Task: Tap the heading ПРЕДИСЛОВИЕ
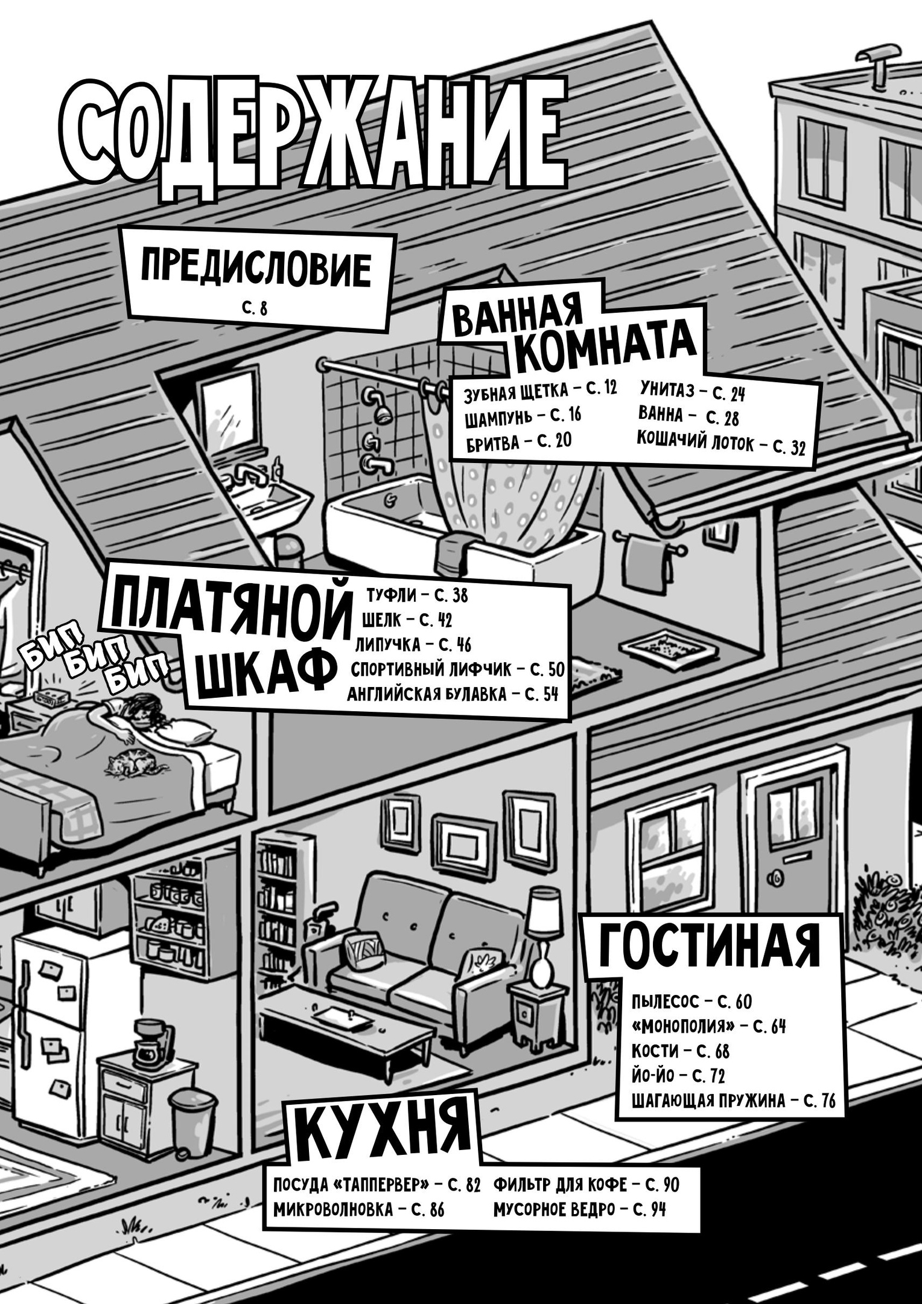(255, 269)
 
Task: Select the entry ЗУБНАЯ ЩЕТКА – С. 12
(540, 391)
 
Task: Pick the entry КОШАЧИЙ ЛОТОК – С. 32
(720, 445)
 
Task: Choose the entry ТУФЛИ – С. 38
(417, 595)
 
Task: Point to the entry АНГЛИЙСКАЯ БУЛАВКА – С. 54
(453, 694)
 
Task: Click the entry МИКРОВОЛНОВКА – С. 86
(358, 1209)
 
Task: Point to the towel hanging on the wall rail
(647, 564)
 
